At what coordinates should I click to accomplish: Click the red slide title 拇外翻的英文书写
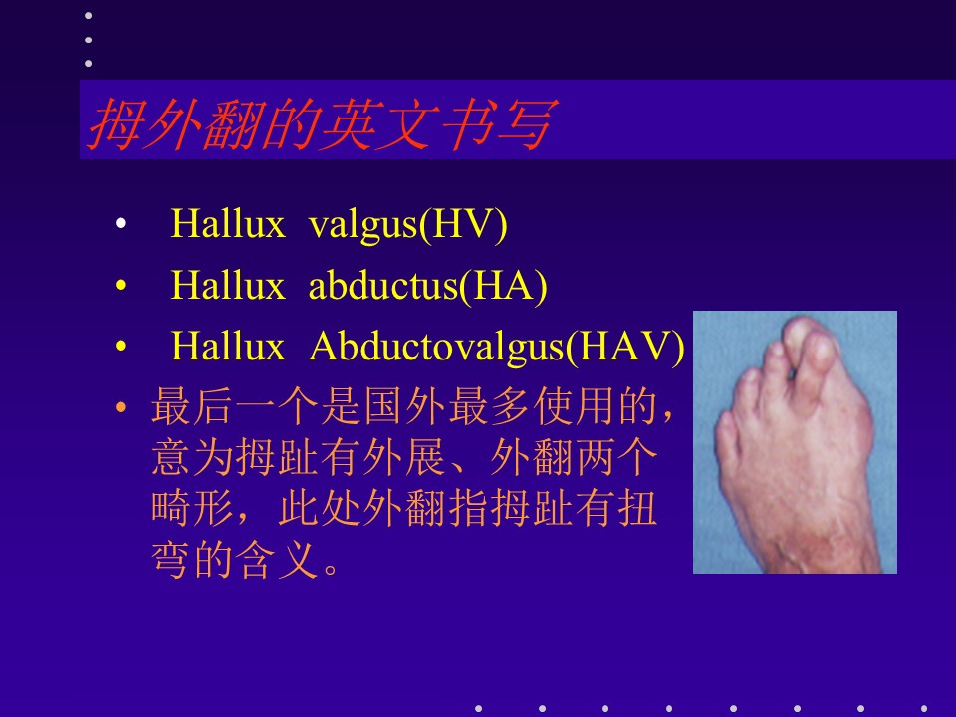322,124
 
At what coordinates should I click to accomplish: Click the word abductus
383,286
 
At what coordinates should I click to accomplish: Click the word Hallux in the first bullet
228,223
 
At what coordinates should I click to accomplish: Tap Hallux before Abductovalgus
228,346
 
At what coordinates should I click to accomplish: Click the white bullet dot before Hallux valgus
120,224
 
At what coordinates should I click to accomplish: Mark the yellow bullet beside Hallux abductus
120,285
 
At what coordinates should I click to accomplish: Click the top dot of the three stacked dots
89,15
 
